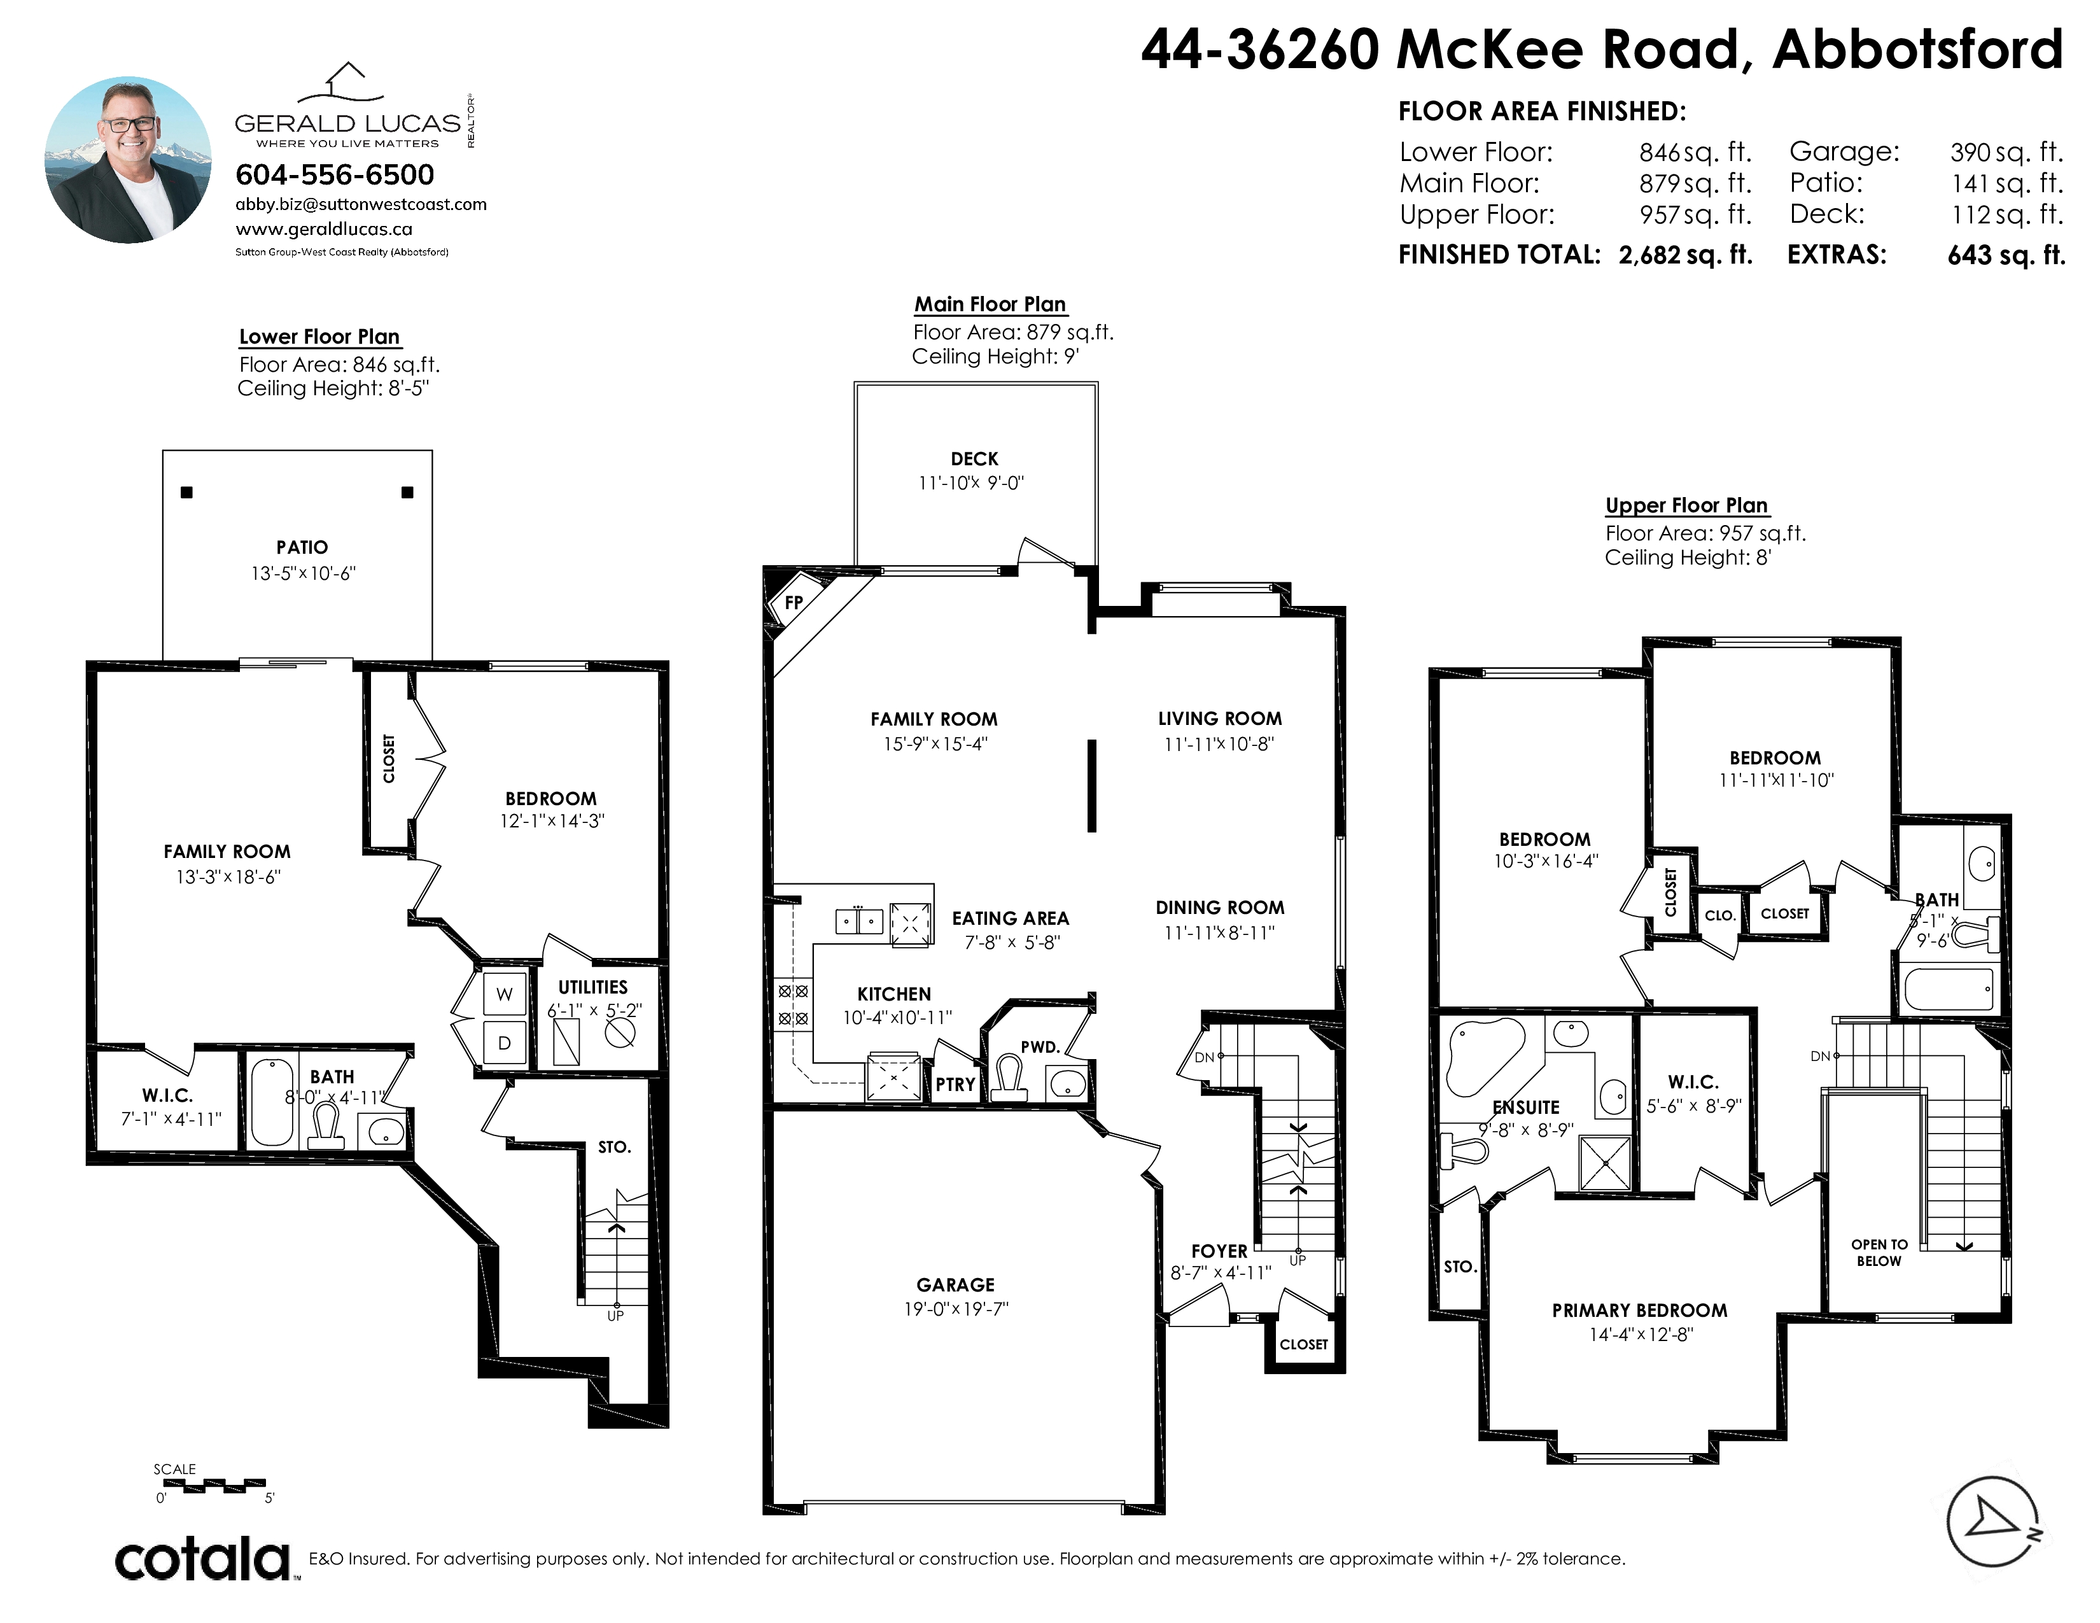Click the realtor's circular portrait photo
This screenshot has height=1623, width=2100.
tap(128, 160)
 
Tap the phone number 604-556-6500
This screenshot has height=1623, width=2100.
tap(335, 175)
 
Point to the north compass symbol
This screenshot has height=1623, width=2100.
tap(1993, 1522)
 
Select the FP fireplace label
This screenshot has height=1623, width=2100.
tap(794, 603)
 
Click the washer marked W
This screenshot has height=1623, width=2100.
tap(504, 994)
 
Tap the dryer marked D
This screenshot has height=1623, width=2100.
tap(504, 1043)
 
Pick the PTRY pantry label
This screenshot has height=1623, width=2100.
tap(956, 1085)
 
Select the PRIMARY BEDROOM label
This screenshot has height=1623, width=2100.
tap(1639, 1310)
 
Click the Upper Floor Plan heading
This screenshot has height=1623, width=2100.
tap(1686, 506)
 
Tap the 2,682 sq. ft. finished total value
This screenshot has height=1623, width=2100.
tap(1686, 255)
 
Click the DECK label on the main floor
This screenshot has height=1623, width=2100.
tap(974, 460)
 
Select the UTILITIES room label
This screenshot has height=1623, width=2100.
tap(592, 987)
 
